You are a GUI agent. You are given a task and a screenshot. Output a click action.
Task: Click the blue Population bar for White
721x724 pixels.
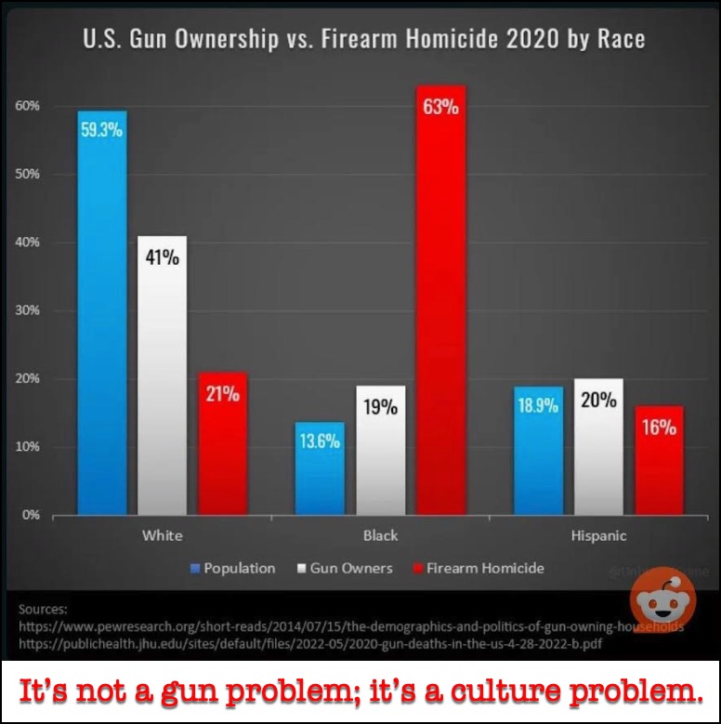[102, 316]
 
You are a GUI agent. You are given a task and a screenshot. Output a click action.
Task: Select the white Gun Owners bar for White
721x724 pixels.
[163, 381]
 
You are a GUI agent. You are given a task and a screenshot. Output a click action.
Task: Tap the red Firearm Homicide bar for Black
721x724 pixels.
[440, 307]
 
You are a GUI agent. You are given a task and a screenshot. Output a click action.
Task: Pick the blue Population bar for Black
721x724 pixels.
[320, 474]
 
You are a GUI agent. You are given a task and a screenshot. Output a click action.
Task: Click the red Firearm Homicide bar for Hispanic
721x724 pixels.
[660, 465]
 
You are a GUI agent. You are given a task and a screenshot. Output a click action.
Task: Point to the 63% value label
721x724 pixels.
[440, 107]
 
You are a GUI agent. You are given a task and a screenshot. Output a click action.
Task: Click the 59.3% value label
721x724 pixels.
[101, 130]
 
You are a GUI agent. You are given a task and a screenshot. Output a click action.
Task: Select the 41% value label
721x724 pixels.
[162, 257]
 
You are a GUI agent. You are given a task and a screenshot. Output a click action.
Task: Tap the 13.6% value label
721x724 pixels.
[320, 441]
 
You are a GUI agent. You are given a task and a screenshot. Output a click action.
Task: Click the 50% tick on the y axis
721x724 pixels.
[27, 174]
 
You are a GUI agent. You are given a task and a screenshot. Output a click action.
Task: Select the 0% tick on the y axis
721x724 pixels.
[30, 515]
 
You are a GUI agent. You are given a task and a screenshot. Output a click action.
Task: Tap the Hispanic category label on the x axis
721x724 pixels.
[598, 535]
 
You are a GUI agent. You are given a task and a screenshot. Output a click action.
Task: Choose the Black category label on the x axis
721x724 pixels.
[380, 535]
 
